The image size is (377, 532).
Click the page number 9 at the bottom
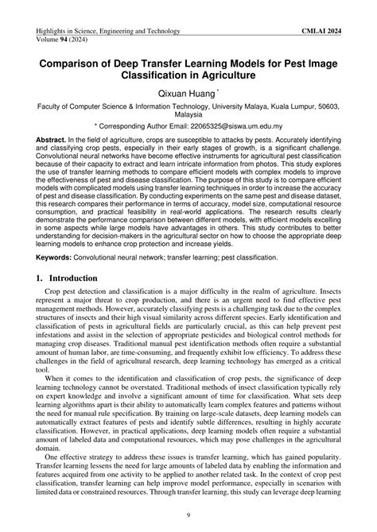[x=188, y=518]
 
